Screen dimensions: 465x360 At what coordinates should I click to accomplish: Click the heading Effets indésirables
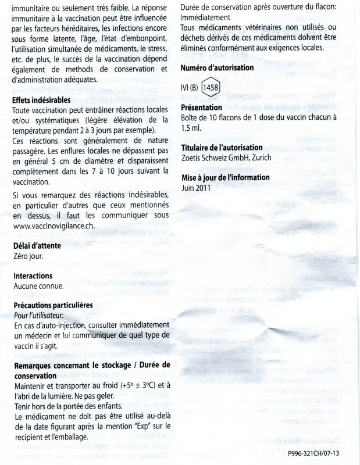(x=44, y=100)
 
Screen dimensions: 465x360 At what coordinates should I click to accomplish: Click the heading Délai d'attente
(x=39, y=245)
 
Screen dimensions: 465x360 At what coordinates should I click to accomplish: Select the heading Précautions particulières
(x=61, y=305)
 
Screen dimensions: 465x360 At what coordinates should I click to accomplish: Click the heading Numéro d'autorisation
(x=217, y=68)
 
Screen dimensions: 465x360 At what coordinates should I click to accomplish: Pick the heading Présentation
(x=201, y=108)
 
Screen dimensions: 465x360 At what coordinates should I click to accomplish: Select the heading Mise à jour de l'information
(x=225, y=177)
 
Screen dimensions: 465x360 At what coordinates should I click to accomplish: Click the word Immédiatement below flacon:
(x=205, y=18)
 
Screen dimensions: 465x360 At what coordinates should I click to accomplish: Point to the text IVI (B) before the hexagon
(x=191, y=88)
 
